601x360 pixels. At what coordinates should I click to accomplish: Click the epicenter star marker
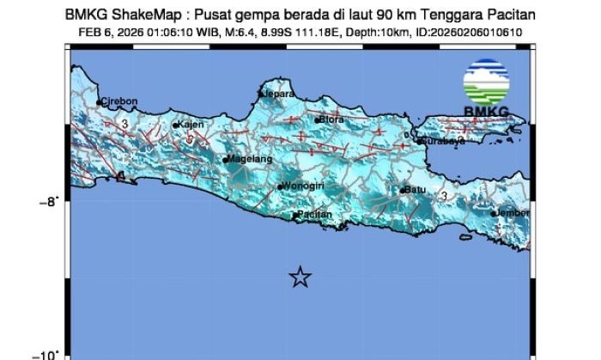300,277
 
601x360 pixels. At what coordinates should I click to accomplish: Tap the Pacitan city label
314,215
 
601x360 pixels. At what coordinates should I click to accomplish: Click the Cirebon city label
120,101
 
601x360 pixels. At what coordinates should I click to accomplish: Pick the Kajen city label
191,125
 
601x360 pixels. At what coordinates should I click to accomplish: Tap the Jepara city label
280,93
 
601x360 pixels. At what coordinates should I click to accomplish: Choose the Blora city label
331,119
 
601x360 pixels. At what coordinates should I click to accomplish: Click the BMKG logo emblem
486,82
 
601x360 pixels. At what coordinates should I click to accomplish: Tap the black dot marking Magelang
225,160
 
